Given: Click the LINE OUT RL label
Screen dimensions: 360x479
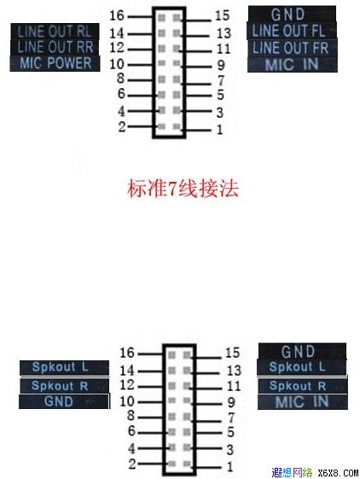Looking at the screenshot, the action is coord(55,32).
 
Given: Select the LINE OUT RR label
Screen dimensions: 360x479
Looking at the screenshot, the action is coord(55,47).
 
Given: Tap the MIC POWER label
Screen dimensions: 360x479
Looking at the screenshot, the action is coord(55,63).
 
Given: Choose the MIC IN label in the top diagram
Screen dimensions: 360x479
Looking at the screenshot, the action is coord(293,64).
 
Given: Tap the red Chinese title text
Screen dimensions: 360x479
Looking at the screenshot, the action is coord(183,189).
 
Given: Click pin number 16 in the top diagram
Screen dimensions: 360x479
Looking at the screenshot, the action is coord(117,15).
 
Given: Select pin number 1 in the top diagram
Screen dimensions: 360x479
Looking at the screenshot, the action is coord(219,130).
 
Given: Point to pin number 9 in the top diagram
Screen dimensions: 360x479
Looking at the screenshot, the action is coord(221,65).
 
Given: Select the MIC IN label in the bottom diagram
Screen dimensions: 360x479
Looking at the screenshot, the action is coord(303,401).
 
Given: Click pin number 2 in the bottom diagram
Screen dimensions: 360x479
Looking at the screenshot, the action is coord(132,464).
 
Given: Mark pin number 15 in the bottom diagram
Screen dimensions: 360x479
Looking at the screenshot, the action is coord(232,353).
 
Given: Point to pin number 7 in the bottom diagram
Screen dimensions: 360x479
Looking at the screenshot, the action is coord(231,418).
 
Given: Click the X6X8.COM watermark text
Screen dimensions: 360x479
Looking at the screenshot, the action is coord(338,473).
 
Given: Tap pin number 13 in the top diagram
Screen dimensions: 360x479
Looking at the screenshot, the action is coord(224,33).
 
